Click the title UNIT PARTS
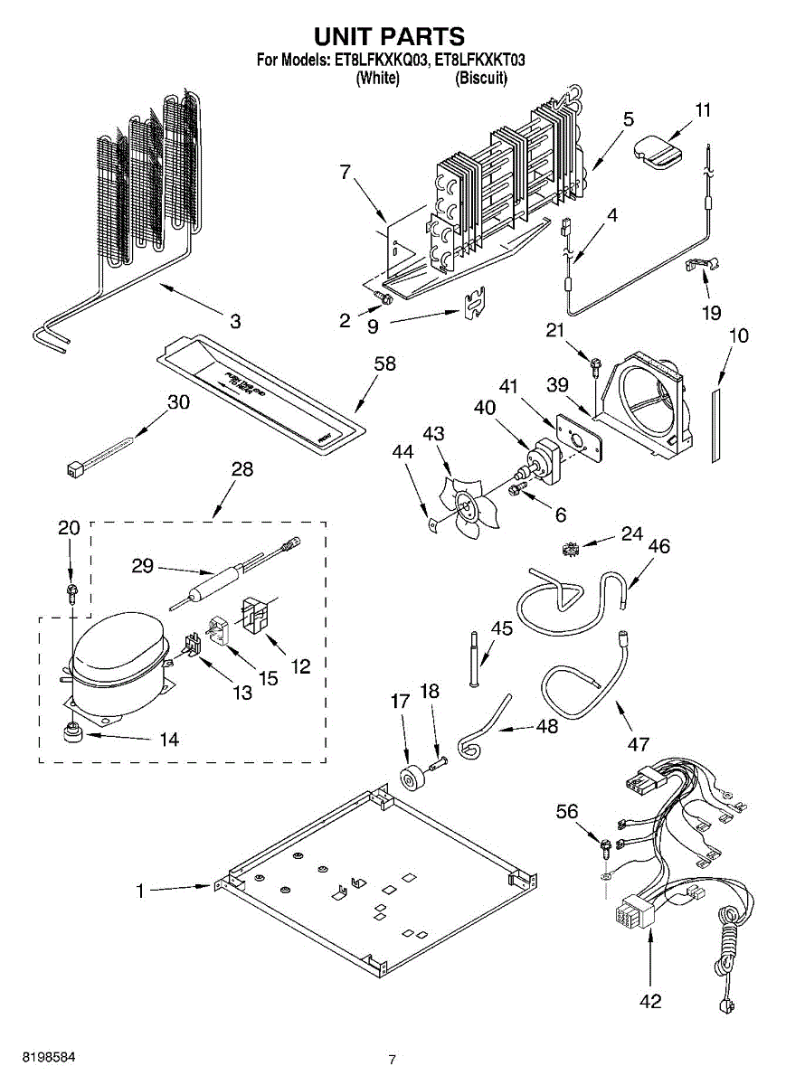coord(389,36)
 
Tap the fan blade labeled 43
coord(467,509)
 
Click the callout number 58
coord(385,364)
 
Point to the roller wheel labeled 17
coord(410,777)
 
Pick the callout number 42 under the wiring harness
coord(649,1001)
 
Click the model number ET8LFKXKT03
coord(480,61)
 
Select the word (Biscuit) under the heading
coord(481,78)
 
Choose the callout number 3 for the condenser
coord(235,320)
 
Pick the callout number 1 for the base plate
coord(140,892)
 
